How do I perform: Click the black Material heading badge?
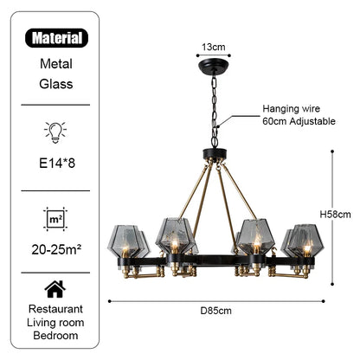(55, 38)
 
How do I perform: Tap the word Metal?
(55, 63)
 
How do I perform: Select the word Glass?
(55, 84)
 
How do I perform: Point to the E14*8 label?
(55, 160)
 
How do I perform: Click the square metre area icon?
(55, 218)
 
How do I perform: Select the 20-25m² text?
(55, 250)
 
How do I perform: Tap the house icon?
(55, 288)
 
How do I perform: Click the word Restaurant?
(55, 309)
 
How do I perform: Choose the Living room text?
(55, 323)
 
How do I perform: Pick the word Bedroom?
(55, 337)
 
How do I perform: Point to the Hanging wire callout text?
(292, 110)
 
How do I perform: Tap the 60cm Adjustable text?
(299, 123)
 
